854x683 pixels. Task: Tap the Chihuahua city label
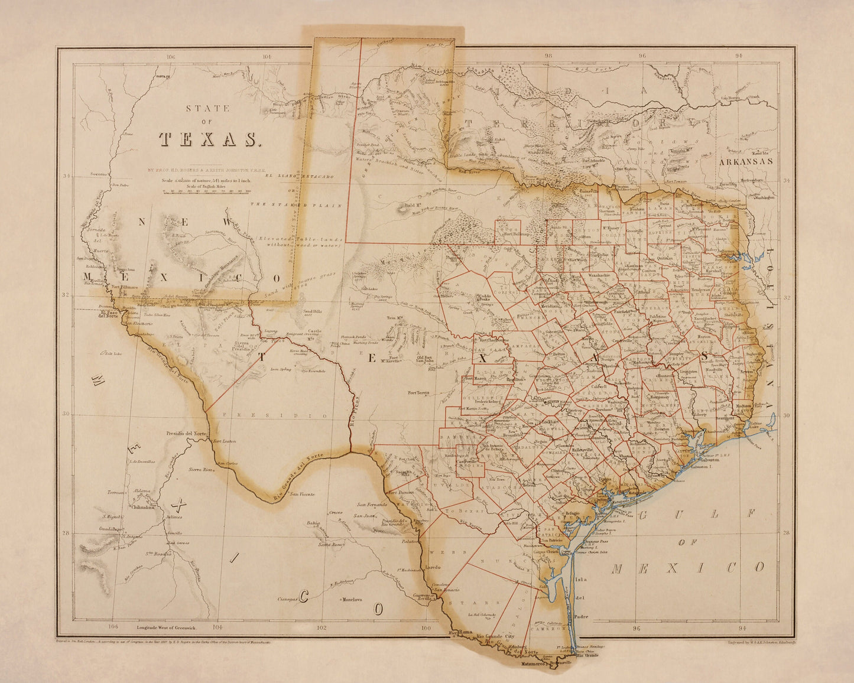(x=142, y=506)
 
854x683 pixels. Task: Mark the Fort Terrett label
(x=418, y=393)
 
